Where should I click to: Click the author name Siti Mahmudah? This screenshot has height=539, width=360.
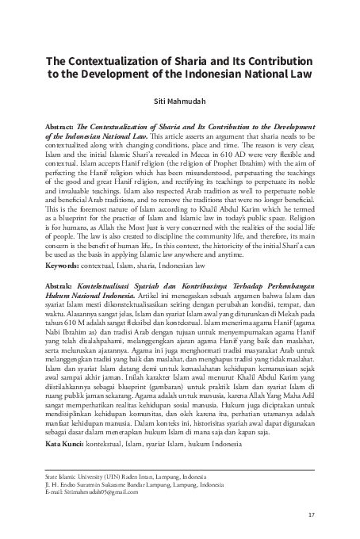pos(179,101)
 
